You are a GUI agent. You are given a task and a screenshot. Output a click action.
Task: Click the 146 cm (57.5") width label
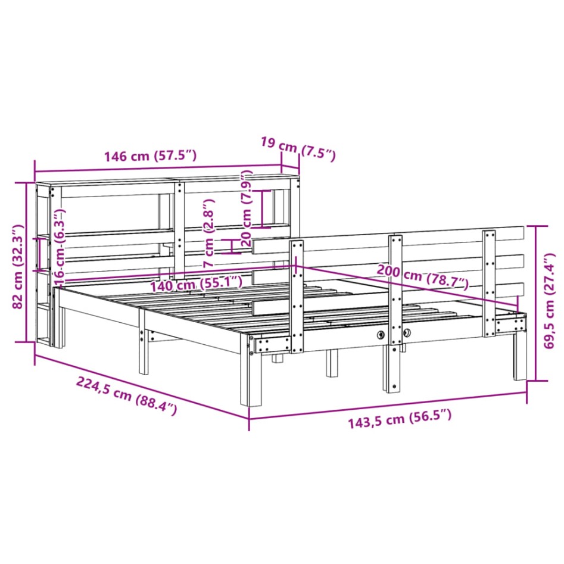150,157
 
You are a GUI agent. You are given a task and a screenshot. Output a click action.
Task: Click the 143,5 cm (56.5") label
399,422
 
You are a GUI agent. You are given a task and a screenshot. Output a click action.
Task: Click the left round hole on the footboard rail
381,335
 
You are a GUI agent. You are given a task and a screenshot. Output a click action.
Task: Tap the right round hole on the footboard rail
407,334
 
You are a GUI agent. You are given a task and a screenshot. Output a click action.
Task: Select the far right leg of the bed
520,357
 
